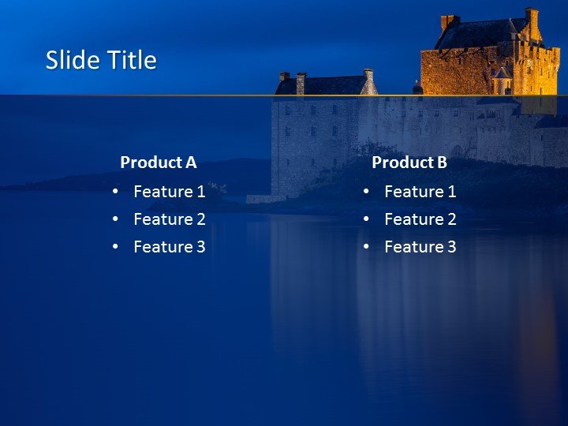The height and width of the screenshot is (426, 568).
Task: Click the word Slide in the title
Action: pyautogui.click(x=68, y=61)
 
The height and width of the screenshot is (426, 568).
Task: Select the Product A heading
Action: pyautogui.click(x=158, y=163)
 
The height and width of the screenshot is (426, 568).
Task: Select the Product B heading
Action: pyautogui.click(x=409, y=163)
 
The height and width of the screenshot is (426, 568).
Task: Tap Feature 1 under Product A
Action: pyautogui.click(x=169, y=191)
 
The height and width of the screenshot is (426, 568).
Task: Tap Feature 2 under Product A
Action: pyautogui.click(x=169, y=219)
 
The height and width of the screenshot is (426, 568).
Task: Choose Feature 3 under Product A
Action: pyautogui.click(x=169, y=247)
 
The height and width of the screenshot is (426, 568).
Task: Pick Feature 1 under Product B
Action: pyautogui.click(x=420, y=191)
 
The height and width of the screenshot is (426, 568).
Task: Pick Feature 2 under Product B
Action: pyautogui.click(x=420, y=219)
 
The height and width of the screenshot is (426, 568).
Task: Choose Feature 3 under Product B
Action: pyautogui.click(x=420, y=247)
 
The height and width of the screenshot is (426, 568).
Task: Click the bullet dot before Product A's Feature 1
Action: pyautogui.click(x=116, y=192)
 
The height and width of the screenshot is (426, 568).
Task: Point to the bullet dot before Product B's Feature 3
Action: pyautogui.click(x=367, y=247)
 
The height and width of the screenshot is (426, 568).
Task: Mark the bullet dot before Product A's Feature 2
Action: pyautogui.click(x=116, y=219)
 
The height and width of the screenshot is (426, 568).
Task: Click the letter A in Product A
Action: pyautogui.click(x=190, y=163)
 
